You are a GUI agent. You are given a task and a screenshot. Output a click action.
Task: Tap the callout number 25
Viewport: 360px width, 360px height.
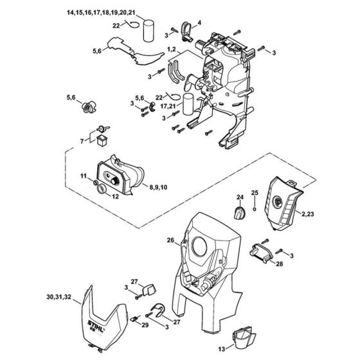[x=254, y=194]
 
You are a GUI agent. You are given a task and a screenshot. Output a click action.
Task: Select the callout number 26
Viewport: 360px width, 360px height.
[x=170, y=242]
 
